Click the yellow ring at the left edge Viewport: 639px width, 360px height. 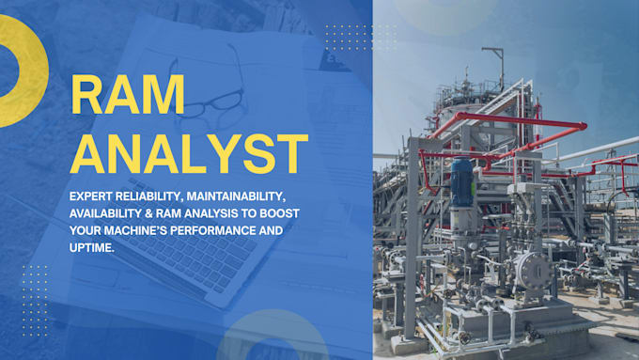21,70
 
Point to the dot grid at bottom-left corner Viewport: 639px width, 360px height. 34,295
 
